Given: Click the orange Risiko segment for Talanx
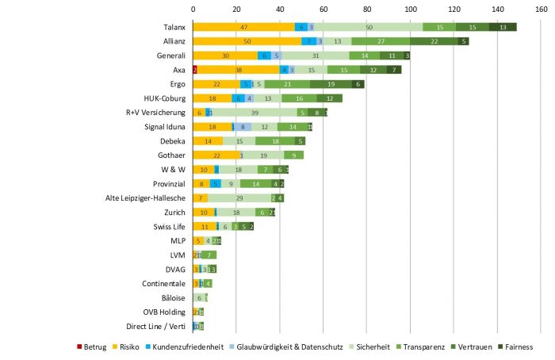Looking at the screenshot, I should tap(243, 27).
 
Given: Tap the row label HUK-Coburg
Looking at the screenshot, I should tap(165, 98).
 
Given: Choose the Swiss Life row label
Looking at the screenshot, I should tap(170, 226).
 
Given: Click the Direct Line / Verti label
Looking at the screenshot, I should tap(155, 326).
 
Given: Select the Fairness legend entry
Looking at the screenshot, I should tap(512, 347).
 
